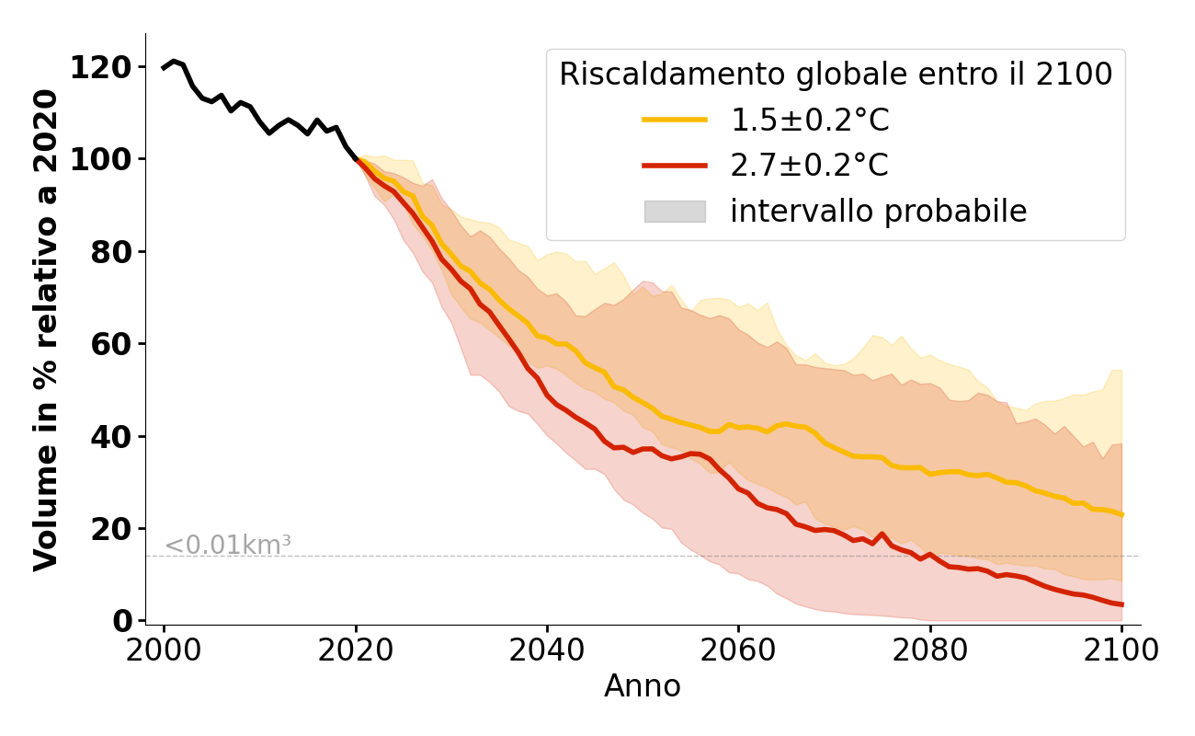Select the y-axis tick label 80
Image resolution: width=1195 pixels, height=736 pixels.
[110, 252]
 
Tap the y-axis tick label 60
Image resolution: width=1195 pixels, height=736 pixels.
[110, 344]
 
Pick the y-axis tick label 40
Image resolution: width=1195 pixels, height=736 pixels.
[110, 436]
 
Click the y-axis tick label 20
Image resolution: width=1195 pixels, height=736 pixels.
[110, 529]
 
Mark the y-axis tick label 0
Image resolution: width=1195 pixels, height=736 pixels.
[122, 621]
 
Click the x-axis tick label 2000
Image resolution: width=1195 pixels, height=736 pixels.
[164, 651]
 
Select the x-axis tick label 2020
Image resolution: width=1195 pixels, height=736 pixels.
[356, 651]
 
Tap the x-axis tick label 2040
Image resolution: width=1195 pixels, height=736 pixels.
[547, 651]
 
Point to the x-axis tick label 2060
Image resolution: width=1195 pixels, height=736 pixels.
[738, 651]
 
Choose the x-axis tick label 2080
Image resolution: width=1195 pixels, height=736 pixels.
[930, 651]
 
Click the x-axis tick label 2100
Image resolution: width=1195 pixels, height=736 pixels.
[1121, 651]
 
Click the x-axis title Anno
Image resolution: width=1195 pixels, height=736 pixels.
[643, 686]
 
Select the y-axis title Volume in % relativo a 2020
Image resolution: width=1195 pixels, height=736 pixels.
[46, 329]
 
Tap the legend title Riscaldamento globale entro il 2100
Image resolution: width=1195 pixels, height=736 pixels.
[836, 75]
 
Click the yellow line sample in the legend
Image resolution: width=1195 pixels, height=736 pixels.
[675, 120]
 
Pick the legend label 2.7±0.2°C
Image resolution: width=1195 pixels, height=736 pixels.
[809, 166]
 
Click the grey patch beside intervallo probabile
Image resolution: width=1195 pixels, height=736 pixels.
[675, 212]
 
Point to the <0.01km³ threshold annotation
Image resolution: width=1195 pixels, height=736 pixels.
[227, 545]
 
